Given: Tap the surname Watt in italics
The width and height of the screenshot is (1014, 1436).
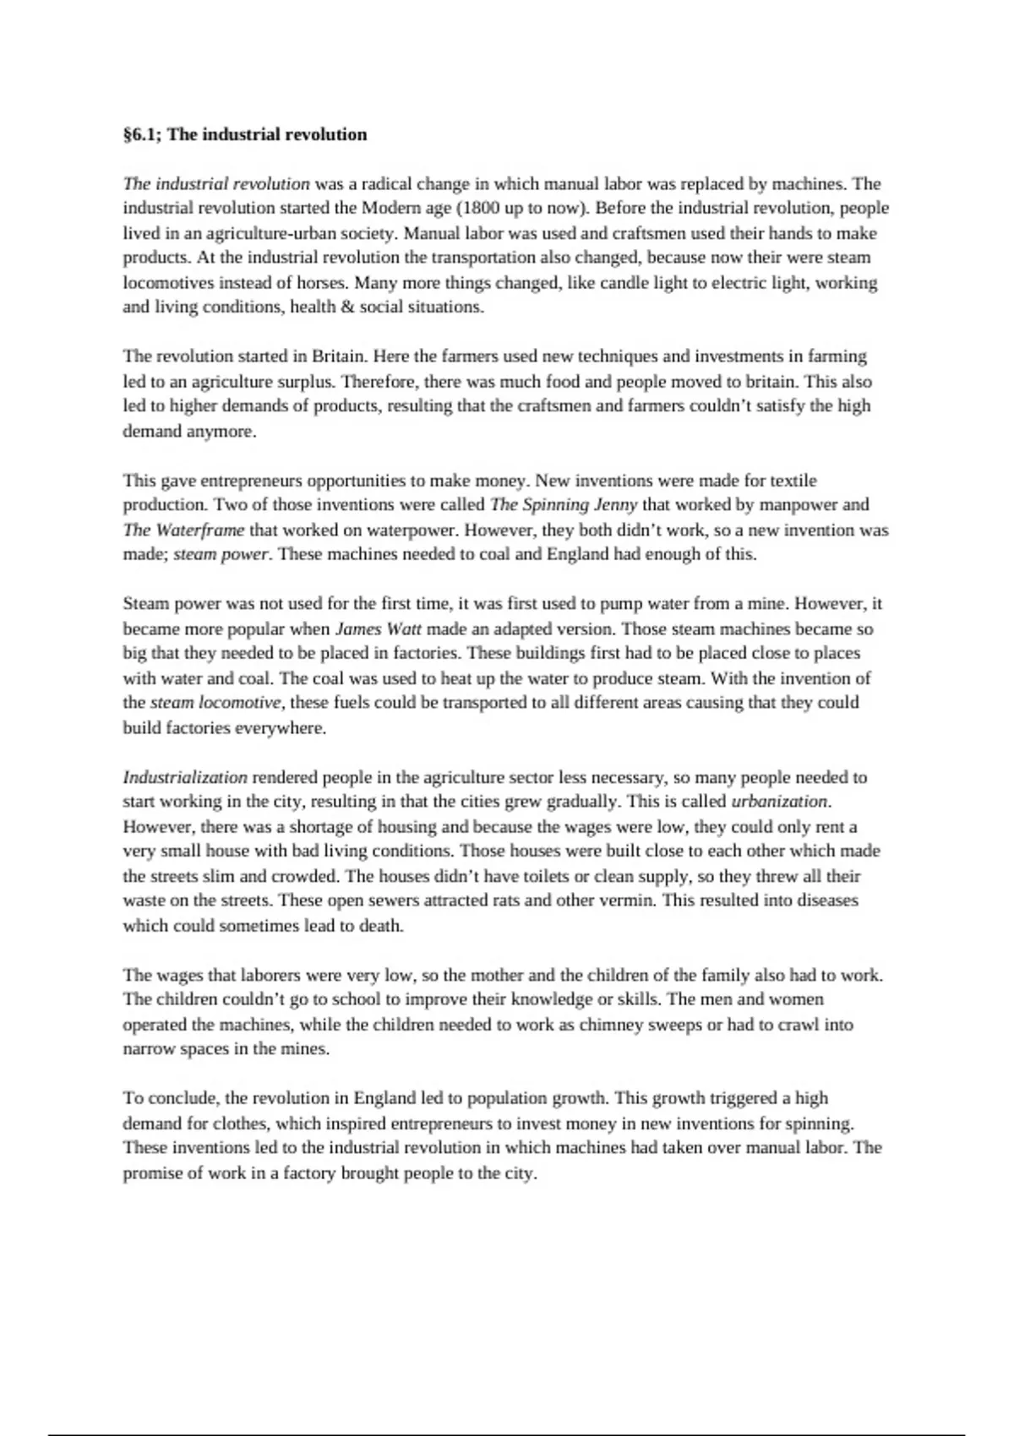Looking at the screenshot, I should pyautogui.click(x=406, y=628).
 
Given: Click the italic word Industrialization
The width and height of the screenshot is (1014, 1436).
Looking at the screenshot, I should pyautogui.click(x=185, y=777).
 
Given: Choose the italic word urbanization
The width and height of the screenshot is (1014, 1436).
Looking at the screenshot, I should pyautogui.click(x=779, y=802).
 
